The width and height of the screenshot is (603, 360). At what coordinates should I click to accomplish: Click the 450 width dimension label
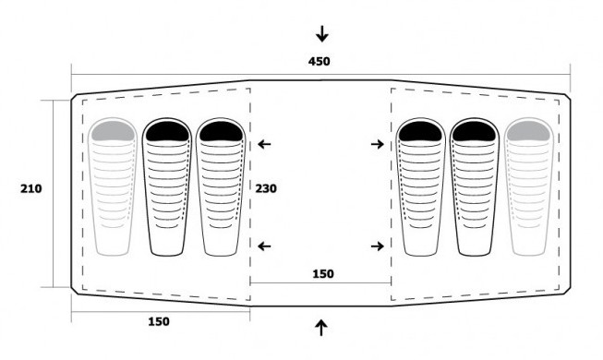319,62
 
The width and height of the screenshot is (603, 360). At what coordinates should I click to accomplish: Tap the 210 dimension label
31,189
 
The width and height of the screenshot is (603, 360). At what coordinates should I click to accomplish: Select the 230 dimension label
266,188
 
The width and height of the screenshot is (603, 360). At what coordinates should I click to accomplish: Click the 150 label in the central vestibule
323,274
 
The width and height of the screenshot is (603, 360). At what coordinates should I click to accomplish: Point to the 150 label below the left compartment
159,321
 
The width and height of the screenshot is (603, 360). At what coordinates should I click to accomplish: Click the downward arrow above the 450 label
322,34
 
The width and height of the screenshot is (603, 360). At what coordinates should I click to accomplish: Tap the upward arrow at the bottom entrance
321,328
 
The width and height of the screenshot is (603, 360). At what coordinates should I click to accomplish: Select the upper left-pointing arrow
264,144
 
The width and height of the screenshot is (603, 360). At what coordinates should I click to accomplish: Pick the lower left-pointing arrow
264,246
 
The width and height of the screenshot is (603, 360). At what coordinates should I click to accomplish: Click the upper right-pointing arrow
378,144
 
